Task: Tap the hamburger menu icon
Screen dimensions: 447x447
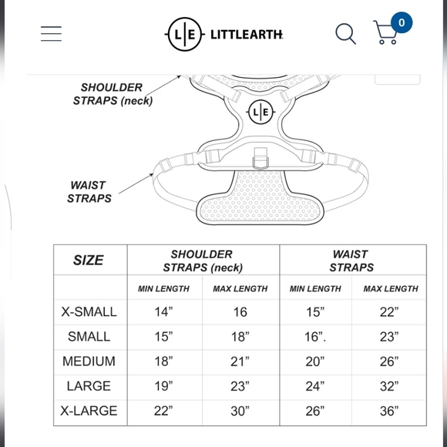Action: (x=51, y=34)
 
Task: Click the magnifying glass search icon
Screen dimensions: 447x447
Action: (x=345, y=34)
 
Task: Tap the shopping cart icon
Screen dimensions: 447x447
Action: (x=385, y=32)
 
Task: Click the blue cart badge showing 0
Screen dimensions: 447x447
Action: (x=402, y=22)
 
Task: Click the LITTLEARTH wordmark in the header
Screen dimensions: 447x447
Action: (x=247, y=35)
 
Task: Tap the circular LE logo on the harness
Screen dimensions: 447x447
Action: (x=260, y=112)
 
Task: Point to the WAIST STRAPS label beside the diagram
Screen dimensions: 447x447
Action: (x=89, y=192)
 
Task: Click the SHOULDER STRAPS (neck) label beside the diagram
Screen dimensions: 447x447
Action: (x=113, y=94)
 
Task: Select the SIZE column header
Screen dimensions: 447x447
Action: (x=88, y=260)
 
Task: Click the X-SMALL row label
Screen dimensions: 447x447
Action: (x=89, y=311)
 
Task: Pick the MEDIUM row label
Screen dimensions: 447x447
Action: (x=89, y=361)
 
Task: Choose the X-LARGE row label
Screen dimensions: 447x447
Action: (x=89, y=411)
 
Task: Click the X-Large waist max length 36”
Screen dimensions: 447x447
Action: (x=389, y=411)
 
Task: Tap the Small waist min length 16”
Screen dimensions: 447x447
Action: (x=315, y=336)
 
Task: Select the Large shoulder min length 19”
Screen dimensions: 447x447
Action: (x=163, y=386)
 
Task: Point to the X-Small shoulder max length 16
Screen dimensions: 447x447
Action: (x=240, y=312)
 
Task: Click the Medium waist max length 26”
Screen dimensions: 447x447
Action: (x=389, y=361)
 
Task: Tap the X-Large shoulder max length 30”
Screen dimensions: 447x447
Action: (x=240, y=411)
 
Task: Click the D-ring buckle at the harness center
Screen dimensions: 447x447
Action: (x=260, y=159)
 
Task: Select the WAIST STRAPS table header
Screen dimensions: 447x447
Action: (x=351, y=260)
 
